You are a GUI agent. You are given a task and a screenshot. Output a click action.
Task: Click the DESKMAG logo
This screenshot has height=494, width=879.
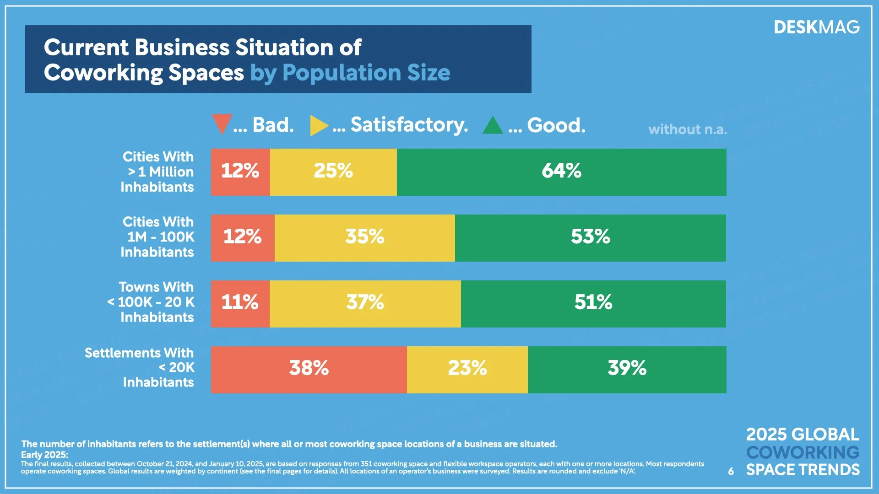[816, 27]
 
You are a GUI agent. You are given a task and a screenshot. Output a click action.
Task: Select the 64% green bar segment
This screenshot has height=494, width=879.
[561, 172]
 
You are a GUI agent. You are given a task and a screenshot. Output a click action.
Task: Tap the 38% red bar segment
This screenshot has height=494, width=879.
[309, 369]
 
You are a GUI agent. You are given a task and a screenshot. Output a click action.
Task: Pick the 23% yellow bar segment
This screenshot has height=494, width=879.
[467, 369]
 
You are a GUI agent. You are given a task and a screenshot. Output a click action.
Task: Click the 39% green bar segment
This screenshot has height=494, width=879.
[627, 369]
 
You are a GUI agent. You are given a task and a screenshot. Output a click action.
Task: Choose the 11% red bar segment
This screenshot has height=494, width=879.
[240, 303]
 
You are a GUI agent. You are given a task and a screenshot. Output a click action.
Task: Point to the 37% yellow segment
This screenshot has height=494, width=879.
[365, 303]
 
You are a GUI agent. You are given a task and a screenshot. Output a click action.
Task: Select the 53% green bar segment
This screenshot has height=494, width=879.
[590, 238]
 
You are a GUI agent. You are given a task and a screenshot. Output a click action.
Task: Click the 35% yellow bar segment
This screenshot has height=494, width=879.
[364, 238]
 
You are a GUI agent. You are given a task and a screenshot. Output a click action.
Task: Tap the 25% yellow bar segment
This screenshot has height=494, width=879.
[333, 172]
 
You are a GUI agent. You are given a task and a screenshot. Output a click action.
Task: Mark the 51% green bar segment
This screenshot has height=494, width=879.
[593, 303]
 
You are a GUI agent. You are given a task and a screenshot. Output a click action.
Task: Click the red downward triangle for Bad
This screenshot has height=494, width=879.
[222, 123]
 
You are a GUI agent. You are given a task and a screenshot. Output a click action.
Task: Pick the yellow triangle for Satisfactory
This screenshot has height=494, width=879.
[319, 125]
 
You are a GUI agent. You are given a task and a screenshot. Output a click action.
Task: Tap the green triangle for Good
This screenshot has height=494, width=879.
[493, 126]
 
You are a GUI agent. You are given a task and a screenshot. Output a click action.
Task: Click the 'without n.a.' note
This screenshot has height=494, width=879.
[687, 129]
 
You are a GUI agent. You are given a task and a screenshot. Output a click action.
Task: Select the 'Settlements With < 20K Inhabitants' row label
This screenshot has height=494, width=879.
[140, 367]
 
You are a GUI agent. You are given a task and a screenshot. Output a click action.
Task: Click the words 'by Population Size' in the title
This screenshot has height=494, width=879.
[350, 73]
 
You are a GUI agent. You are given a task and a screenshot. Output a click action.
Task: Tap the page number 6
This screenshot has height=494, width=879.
[731, 471]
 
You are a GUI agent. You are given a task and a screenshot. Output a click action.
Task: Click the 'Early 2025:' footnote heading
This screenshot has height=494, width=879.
[44, 455]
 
